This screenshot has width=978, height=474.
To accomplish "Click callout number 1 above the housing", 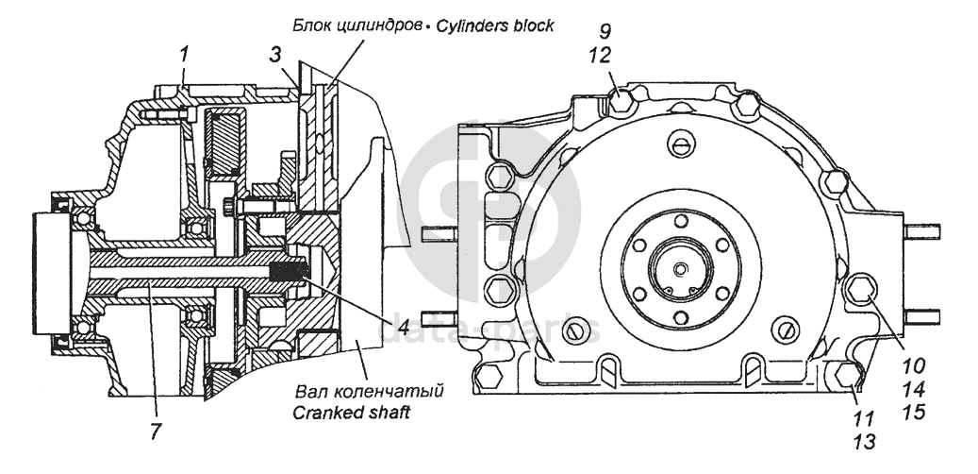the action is (x=183, y=55).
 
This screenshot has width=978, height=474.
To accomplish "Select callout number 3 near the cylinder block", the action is (x=275, y=55).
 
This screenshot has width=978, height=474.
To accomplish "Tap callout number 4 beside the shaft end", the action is (x=393, y=325).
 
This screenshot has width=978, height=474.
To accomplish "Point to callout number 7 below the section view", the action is (x=156, y=432).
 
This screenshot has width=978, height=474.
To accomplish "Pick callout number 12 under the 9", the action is (x=601, y=57).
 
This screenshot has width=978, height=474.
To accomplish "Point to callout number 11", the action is (x=864, y=417).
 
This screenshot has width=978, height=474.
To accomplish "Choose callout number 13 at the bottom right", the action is (x=864, y=441).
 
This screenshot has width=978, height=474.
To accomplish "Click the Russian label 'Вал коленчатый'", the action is (x=370, y=392).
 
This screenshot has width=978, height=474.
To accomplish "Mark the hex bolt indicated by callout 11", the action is (x=848, y=375).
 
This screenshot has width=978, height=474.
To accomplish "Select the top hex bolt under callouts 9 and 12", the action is (x=621, y=100).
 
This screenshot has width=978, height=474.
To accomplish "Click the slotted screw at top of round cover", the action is (x=681, y=144).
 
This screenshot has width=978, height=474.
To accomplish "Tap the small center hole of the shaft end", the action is (x=681, y=268).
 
